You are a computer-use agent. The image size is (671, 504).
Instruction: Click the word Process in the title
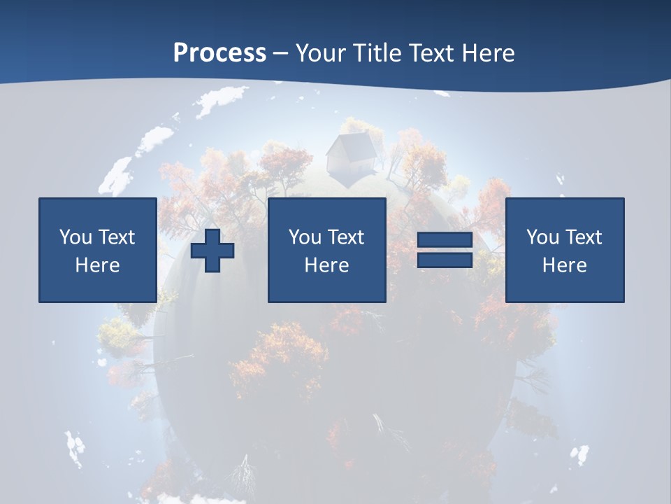pyautogui.click(x=219, y=53)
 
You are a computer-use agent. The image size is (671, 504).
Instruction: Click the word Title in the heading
pyautogui.click(x=377, y=53)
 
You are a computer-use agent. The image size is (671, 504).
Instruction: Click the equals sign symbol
pyautogui.click(x=445, y=250)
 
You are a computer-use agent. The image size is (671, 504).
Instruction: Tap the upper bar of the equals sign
pyautogui.click(x=445, y=240)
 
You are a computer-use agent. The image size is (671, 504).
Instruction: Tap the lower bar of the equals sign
pyautogui.click(x=445, y=260)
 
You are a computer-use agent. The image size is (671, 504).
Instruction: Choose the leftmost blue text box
pyautogui.click(x=97, y=250)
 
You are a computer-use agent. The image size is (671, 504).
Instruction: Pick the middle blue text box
pyautogui.click(x=326, y=250)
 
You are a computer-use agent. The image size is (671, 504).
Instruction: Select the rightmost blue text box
pyautogui.click(x=564, y=250)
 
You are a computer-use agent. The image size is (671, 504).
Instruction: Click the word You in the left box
pyautogui.click(x=75, y=237)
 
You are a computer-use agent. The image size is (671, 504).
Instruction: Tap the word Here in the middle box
pyautogui.click(x=326, y=265)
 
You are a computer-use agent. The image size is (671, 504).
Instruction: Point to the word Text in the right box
pyautogui.click(x=583, y=237)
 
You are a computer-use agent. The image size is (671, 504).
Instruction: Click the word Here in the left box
pyautogui.click(x=97, y=265)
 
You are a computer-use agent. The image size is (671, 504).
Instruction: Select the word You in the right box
pyautogui.click(x=542, y=237)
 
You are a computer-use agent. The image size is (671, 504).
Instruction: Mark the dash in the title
pyautogui.click(x=280, y=54)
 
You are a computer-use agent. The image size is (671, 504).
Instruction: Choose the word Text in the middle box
pyautogui.click(x=345, y=237)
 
